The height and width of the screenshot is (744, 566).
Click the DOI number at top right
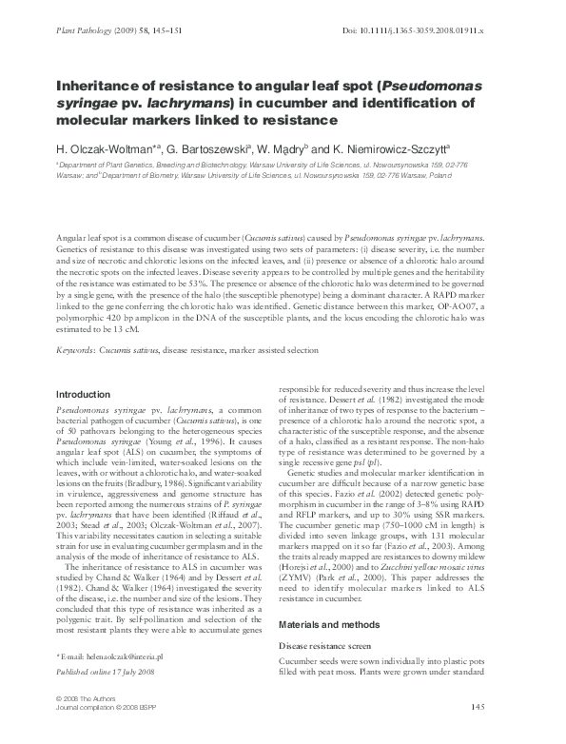pos(432,31)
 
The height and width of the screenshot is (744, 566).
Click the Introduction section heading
pos(84,394)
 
